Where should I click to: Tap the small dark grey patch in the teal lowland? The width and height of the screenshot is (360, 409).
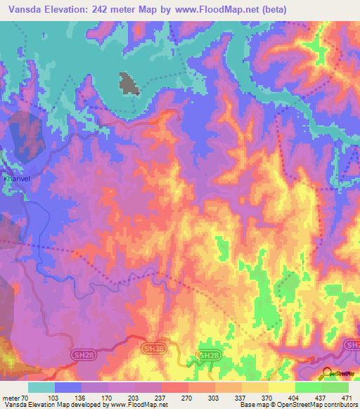pos(128,83)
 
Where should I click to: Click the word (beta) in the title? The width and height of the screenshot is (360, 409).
pos(304,9)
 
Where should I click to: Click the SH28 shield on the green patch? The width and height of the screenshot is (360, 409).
pos(207,357)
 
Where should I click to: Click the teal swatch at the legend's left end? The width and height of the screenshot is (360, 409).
pos(41,387)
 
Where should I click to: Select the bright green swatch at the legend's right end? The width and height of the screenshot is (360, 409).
pos(335,387)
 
